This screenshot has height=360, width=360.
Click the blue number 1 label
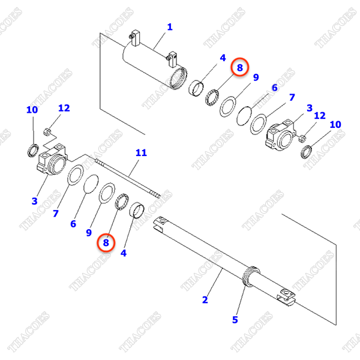(x=170, y=27)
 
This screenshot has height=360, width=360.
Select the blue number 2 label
(x=205, y=299)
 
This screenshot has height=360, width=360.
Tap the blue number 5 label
(x=235, y=320)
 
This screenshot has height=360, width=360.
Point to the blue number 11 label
(x=141, y=152)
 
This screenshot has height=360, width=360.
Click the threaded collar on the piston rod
(x=251, y=276)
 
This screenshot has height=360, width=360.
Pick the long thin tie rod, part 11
(x=127, y=178)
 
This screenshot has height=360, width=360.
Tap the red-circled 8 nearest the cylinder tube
(x=239, y=67)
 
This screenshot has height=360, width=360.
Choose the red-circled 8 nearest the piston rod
(x=106, y=242)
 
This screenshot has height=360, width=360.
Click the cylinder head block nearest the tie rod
(x=52, y=160)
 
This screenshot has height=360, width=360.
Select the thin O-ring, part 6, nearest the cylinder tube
(x=244, y=116)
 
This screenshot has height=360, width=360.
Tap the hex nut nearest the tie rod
(x=47, y=132)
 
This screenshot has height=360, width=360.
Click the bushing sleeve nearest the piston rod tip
(x=137, y=209)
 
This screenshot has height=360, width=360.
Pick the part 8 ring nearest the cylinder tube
(x=212, y=98)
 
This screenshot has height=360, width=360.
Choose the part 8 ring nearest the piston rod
(x=122, y=202)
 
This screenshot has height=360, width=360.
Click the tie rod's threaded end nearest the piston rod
(x=155, y=194)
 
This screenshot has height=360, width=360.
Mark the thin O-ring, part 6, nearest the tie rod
(x=91, y=184)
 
